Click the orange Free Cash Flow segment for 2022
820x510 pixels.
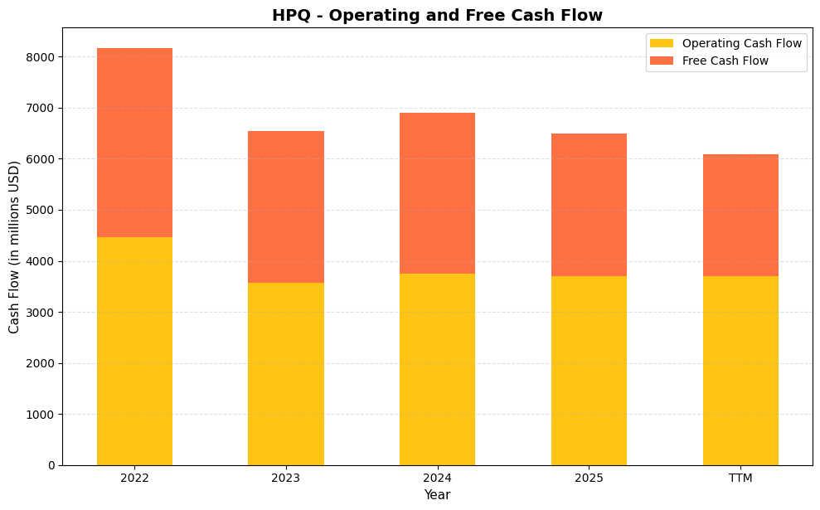click(x=134, y=143)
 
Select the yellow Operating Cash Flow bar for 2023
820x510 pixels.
click(x=286, y=374)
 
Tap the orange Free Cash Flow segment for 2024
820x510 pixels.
click(x=437, y=193)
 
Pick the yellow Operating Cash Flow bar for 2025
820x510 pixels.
click(x=589, y=371)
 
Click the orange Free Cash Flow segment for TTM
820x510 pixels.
click(x=740, y=216)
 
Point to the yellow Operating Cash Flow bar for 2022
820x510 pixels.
click(x=134, y=351)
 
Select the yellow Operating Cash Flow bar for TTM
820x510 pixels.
click(x=740, y=371)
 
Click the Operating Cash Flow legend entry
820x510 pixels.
click(x=741, y=43)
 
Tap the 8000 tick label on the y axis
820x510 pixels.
click(x=41, y=57)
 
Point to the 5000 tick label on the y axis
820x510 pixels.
click(x=41, y=210)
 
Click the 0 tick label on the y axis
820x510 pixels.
click(x=51, y=465)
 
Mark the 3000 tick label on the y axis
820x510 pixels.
click(x=41, y=313)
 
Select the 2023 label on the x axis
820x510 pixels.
click(x=286, y=478)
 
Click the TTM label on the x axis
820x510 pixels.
click(x=740, y=478)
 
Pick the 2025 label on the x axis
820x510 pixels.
click(x=589, y=478)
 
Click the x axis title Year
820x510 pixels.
click(x=437, y=495)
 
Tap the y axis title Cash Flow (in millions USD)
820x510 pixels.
click(x=14, y=247)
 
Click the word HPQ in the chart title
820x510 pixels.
click(x=290, y=16)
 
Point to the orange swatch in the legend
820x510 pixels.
click(x=662, y=61)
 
